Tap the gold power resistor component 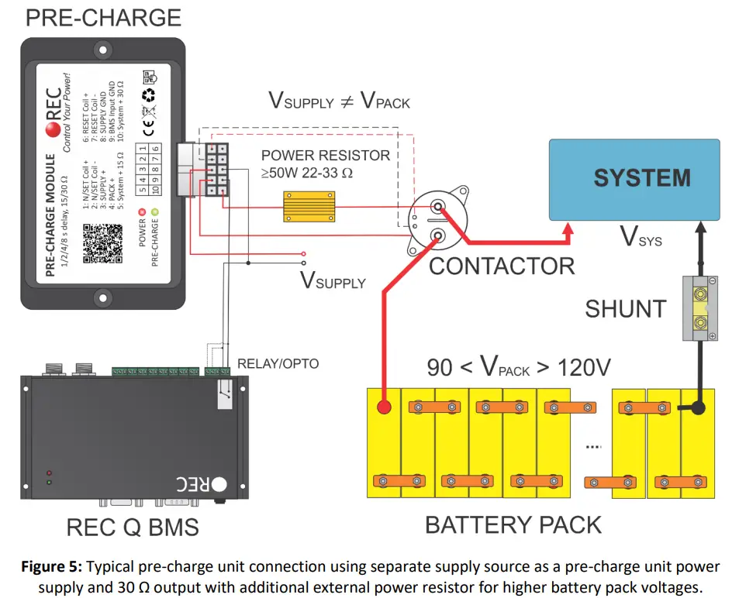310,203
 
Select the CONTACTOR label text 502,266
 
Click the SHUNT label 625,308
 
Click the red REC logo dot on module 54,129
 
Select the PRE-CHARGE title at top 103,18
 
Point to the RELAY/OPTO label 278,363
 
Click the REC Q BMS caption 133,528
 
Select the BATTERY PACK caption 513,524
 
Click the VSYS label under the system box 641,237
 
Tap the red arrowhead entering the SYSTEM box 568,229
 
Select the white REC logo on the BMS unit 202,485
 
